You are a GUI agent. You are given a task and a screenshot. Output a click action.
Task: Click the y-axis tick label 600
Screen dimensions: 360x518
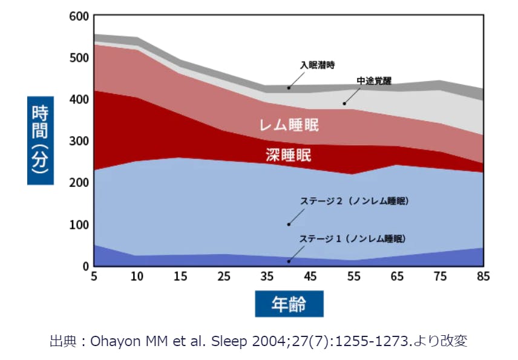click(79, 16)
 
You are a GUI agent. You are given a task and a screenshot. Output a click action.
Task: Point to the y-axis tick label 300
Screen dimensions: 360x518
click(79, 141)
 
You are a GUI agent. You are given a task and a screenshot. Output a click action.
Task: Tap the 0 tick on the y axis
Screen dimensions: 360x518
click(85, 266)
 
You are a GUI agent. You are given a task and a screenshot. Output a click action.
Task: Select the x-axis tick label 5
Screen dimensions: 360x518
click(94, 277)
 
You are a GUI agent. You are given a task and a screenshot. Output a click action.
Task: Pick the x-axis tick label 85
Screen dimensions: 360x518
click(483, 277)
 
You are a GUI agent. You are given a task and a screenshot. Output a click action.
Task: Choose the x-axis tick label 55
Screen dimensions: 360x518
click(354, 277)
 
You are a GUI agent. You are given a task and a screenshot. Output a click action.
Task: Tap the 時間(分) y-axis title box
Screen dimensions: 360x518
click(40, 140)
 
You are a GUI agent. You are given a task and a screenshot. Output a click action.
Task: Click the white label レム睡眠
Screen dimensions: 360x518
click(289, 126)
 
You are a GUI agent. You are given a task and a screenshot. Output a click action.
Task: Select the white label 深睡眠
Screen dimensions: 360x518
click(289, 155)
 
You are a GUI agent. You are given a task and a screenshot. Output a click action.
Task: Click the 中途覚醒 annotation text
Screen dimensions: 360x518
click(373, 80)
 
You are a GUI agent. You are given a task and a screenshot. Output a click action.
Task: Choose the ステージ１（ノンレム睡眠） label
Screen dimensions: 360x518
click(353, 239)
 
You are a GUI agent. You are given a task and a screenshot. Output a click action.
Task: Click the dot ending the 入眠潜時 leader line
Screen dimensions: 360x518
click(289, 88)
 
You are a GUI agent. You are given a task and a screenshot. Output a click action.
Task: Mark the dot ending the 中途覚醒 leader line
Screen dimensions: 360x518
click(344, 103)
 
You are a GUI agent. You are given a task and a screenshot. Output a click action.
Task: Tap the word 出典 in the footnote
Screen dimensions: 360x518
click(62, 341)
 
